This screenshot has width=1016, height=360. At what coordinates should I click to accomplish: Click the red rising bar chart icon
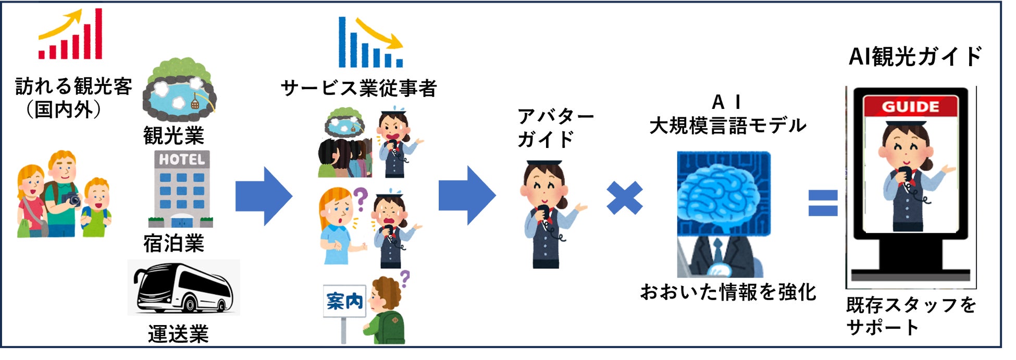(x=70, y=35)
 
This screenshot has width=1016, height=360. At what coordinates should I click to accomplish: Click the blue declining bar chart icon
(x=370, y=43)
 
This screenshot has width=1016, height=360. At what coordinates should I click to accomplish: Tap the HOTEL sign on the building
(x=181, y=159)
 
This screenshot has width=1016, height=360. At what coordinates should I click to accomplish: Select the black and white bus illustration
(x=183, y=288)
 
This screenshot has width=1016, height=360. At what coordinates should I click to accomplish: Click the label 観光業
(x=174, y=136)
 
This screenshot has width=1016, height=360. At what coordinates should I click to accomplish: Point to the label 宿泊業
(x=174, y=243)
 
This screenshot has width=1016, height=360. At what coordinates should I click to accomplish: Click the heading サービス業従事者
(x=358, y=88)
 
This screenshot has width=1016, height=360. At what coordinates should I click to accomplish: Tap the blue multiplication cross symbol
(x=624, y=198)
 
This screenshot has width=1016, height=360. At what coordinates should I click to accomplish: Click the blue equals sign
(x=823, y=203)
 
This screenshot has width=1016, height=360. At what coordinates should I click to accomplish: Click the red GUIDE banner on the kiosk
(x=910, y=107)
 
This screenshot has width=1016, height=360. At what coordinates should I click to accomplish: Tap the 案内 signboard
(x=344, y=301)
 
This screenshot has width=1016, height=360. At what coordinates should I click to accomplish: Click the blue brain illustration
(x=722, y=193)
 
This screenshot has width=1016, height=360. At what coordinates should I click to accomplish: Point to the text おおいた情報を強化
(x=727, y=292)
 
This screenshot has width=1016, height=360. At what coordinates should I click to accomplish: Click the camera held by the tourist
(x=73, y=199)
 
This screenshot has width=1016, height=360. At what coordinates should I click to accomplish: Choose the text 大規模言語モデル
(x=727, y=126)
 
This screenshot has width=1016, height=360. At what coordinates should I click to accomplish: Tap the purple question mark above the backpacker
(x=405, y=278)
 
